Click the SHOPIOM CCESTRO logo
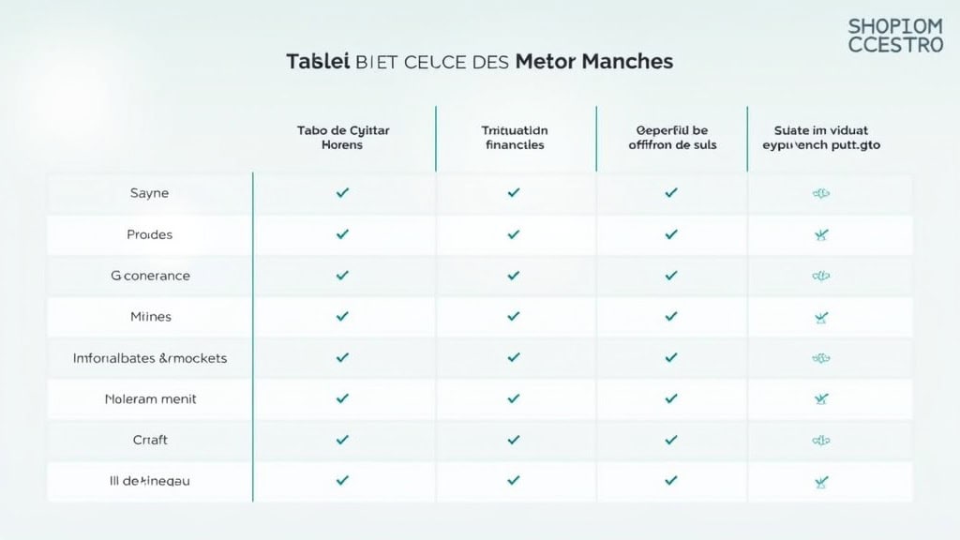(x=895, y=35)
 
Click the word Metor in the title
(x=545, y=62)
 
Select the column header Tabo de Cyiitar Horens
(x=342, y=138)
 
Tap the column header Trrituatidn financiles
(x=514, y=138)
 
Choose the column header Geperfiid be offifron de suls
(x=671, y=138)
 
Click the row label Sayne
(x=150, y=193)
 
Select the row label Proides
(x=150, y=234)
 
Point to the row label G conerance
(x=150, y=276)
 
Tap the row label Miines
(x=150, y=317)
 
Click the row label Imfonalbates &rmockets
(x=150, y=358)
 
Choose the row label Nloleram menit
(x=150, y=399)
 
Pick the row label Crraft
(x=150, y=440)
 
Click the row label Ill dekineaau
(x=150, y=481)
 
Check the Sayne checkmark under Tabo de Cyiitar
(x=342, y=193)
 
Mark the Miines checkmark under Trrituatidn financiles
(x=514, y=317)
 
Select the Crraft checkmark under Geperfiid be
(x=671, y=440)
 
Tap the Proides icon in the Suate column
(x=821, y=235)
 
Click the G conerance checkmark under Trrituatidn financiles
(x=514, y=276)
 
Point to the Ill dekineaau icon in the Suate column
(x=821, y=482)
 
